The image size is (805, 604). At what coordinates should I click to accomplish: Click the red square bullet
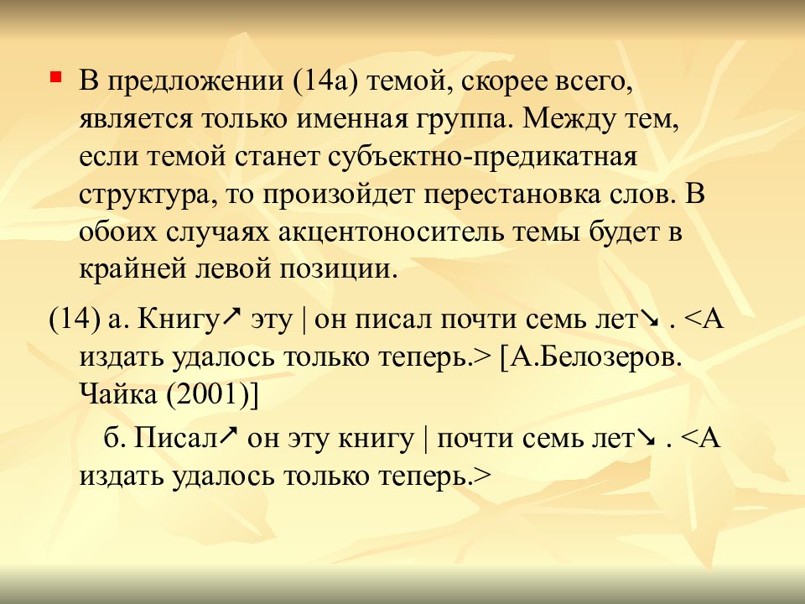(x=56, y=78)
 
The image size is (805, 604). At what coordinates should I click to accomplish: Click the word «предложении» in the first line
(x=195, y=81)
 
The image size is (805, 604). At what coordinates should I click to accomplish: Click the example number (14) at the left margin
(x=74, y=320)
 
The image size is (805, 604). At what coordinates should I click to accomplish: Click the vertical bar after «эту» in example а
(x=304, y=320)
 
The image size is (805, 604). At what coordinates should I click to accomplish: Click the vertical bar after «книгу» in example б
(x=426, y=438)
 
